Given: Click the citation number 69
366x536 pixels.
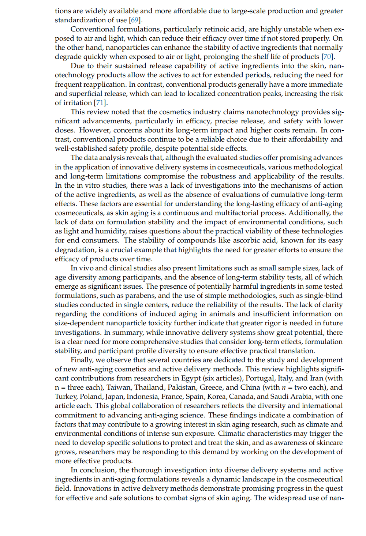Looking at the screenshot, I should tap(135, 20).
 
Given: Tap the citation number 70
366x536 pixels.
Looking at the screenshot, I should tap(327, 57).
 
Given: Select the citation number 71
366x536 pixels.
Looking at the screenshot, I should tap(100, 103).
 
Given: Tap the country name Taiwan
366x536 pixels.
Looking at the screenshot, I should tap(119, 387).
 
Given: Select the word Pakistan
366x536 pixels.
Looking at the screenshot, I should tap(183, 387).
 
